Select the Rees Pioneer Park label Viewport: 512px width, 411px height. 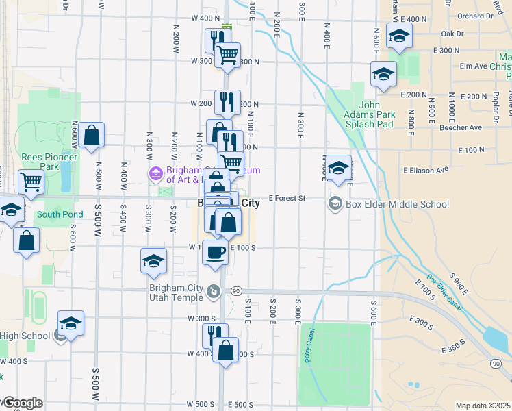(x=49, y=161)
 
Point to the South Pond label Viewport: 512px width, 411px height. (x=60, y=214)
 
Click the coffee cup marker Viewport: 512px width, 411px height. (x=215, y=252)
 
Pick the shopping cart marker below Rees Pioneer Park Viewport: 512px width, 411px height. (x=31, y=182)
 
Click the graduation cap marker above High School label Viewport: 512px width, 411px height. (x=71, y=323)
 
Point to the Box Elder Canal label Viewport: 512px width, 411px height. (x=444, y=293)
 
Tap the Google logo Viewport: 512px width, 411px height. (x=22, y=403)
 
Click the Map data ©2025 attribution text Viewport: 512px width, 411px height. (x=483, y=406)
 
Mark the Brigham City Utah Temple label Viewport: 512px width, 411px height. (x=176, y=292)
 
